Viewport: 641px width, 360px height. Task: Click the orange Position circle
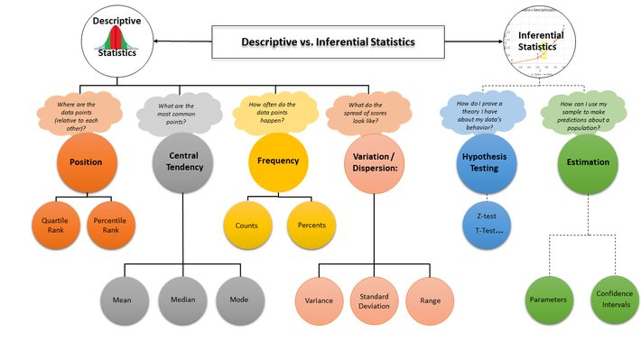86,162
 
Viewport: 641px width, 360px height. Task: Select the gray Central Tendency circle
183,162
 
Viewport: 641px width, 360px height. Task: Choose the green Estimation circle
588,163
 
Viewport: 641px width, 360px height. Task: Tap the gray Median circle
183,300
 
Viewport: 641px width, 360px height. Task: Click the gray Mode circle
240,300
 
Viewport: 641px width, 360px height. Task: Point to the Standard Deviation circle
375,300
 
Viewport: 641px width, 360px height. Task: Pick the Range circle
430,300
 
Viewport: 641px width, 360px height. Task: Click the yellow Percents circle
312,225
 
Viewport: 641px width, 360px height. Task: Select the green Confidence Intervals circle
614,300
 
